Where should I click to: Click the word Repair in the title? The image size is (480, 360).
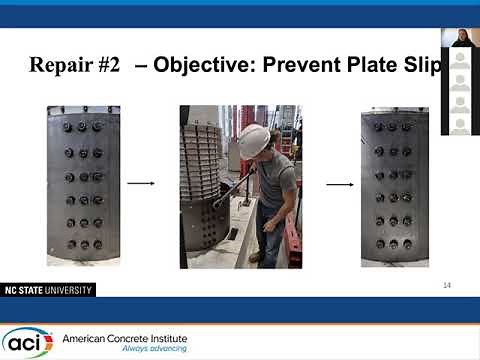click(61, 65)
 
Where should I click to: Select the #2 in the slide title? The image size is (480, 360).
click(109, 65)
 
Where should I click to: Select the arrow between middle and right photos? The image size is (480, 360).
click(340, 183)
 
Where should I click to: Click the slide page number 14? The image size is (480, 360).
click(447, 285)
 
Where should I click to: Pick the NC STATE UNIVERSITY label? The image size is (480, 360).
click(47, 290)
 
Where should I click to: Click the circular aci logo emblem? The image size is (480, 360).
click(27, 342)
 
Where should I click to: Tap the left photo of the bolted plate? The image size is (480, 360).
click(82, 185)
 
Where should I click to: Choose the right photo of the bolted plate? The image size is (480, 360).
click(394, 185)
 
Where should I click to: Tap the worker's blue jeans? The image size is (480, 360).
click(270, 230)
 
